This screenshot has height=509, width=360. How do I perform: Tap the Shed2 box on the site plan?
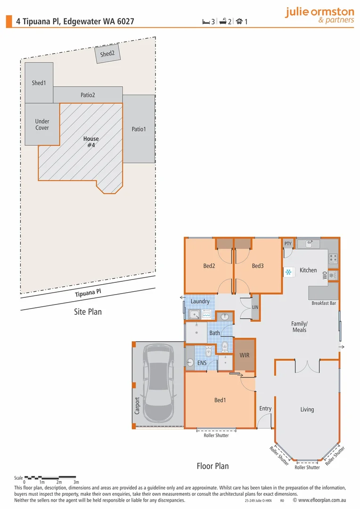107,54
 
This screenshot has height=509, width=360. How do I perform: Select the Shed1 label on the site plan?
39,83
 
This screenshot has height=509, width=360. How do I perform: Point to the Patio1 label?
139,129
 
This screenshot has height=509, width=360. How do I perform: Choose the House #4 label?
91,142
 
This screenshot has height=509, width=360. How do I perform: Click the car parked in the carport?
158,382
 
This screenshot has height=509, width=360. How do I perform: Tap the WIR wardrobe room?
245,355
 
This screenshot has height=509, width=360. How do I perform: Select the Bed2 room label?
209,266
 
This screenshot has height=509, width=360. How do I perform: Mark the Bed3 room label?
258,266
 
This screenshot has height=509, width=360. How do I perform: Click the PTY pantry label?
288,244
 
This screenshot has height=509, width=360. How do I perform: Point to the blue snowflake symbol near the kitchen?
287,272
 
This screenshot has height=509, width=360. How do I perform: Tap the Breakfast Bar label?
323,303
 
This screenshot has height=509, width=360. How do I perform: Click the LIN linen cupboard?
255,307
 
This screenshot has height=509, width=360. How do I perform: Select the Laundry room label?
200,301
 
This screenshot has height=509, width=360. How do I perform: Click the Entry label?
265,408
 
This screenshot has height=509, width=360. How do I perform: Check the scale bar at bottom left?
50,477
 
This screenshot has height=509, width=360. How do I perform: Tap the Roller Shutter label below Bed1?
216,435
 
